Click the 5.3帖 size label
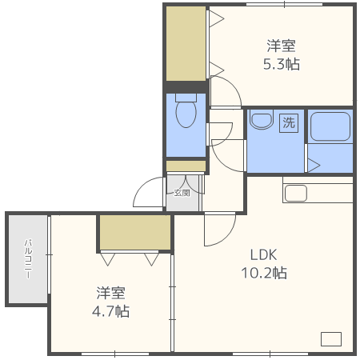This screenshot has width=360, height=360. point(282,64)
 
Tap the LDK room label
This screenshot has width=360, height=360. point(262,255)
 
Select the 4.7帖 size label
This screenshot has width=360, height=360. point(111,310)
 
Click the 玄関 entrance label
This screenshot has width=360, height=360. point(182,192)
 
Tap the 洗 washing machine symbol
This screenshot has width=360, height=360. point(288,123)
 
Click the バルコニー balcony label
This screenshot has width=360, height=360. point(27,258)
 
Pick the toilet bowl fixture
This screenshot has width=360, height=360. point(186,113)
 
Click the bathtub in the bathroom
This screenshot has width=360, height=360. point(330,126)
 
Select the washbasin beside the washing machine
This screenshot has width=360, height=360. point(261,120)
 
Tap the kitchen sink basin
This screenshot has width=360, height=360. point(296,194)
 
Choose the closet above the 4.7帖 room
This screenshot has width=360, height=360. point(134,232)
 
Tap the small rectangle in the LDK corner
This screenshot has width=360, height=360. point(330,338)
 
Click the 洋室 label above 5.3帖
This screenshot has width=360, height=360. point(282,46)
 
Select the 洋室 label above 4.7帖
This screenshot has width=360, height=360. point(111,293)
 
